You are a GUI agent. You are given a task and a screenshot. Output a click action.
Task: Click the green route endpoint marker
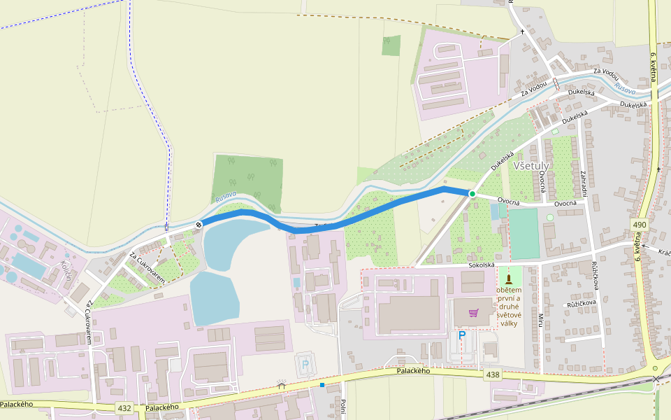pos(472,194)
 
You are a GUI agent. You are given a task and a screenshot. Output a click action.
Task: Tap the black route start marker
pos(199,225)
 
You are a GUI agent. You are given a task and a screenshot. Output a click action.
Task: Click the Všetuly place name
pos(532,166)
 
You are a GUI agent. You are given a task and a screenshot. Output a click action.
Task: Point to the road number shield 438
pos(493,376)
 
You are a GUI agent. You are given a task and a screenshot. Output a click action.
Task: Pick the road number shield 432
pos(125,407)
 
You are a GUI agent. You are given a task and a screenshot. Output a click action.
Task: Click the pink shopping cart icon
pos(474,312)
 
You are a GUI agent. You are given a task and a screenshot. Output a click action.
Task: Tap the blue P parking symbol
pos(461,336)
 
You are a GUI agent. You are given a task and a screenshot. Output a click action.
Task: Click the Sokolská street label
pos(482,265)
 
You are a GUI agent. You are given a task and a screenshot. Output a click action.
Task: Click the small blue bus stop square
pos(322,384)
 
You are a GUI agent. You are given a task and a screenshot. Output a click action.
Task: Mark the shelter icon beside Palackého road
pos(282,384)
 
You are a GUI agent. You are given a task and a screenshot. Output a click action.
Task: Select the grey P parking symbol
pos(305,365)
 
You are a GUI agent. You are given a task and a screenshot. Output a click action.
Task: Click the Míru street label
pos(540,321)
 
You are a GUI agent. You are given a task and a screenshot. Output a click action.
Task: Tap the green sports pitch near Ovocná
pos(524,233)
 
